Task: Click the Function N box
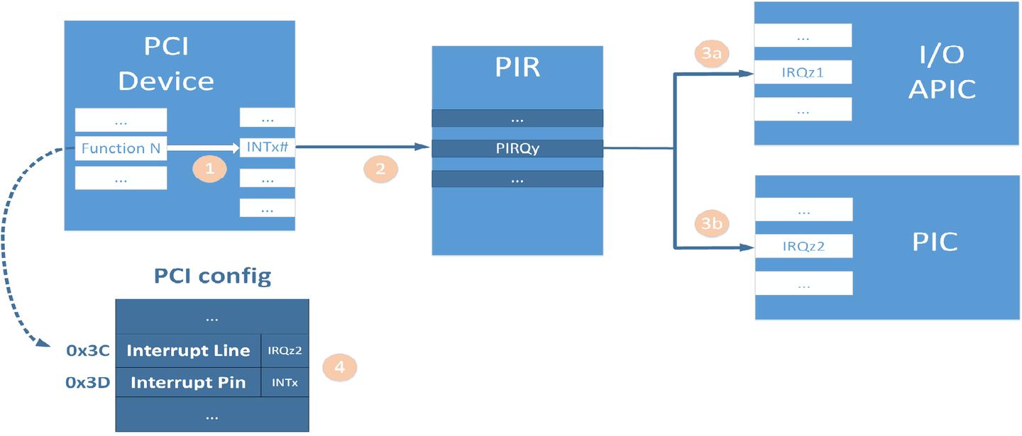(121, 148)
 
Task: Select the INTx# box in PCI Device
(268, 147)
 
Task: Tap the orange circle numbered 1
(209, 169)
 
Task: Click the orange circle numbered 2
(380, 169)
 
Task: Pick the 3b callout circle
(711, 224)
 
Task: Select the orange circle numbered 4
(339, 367)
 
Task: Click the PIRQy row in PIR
(517, 149)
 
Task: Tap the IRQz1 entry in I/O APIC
(803, 72)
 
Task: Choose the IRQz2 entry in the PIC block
(803, 246)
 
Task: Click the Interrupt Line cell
(188, 350)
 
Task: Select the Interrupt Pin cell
(188, 383)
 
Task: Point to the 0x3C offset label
(88, 350)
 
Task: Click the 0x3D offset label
(88, 383)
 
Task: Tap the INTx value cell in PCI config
(285, 383)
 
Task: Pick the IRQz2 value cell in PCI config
(285, 350)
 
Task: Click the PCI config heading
(212, 276)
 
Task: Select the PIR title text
(517, 67)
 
